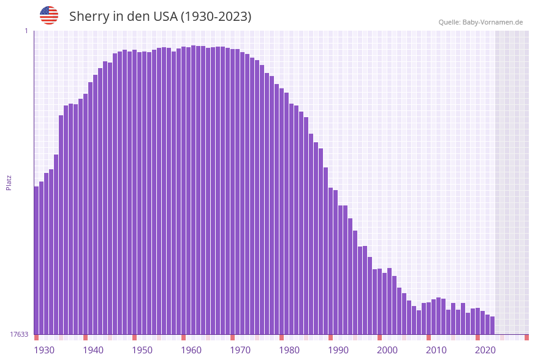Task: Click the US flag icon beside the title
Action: (x=49, y=15)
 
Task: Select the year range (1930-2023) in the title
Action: (x=216, y=17)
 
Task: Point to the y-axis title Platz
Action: (x=9, y=182)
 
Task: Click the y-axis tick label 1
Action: (x=26, y=31)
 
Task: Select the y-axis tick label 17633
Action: (x=19, y=334)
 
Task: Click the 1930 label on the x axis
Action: (x=44, y=350)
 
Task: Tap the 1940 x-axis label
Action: (x=93, y=350)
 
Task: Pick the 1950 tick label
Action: (x=142, y=350)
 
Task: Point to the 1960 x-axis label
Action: (x=191, y=350)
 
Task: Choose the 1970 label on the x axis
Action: (x=240, y=350)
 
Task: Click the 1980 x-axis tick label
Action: (x=289, y=350)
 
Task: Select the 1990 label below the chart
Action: (x=338, y=350)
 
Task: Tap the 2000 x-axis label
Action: (x=387, y=350)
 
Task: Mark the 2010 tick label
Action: (x=436, y=350)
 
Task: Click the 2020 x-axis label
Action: (x=485, y=350)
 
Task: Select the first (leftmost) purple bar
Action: (x=36, y=261)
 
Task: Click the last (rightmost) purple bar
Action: (x=492, y=326)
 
